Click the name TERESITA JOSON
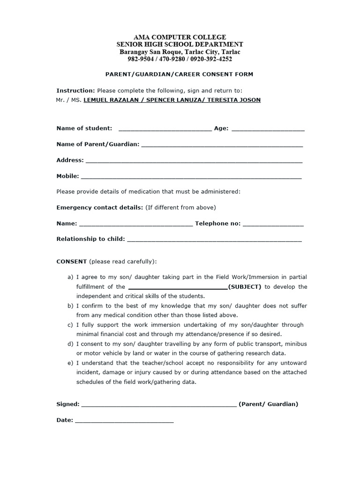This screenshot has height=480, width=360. pyautogui.click(x=232, y=100)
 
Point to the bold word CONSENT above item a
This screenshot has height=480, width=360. pyautogui.click(x=71, y=261)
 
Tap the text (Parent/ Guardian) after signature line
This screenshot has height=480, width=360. pyautogui.click(x=268, y=404)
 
